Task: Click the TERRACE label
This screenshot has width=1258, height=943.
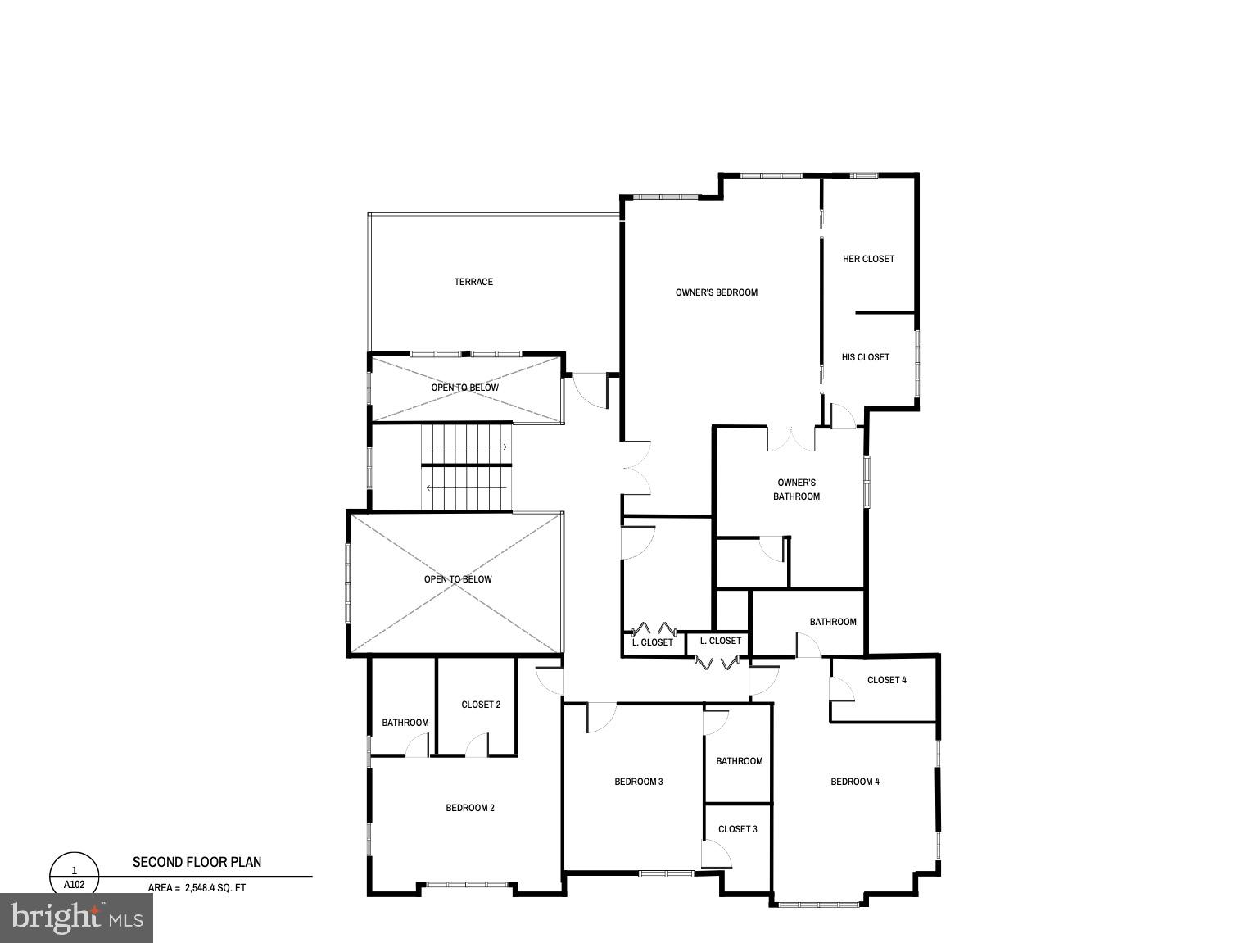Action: tap(473, 282)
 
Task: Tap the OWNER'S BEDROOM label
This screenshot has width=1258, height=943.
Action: tap(716, 292)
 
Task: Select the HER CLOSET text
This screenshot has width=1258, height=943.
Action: tap(868, 259)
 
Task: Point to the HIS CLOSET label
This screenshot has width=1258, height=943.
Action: tap(865, 357)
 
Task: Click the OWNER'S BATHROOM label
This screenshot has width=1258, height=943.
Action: tap(796, 489)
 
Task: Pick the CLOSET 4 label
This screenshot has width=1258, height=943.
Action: tap(886, 680)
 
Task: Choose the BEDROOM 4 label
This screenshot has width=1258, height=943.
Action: tap(854, 782)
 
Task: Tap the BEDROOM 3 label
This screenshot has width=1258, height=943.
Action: tap(638, 782)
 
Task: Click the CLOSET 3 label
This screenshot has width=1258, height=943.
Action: tap(737, 829)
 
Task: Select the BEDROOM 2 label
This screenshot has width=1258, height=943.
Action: tap(469, 808)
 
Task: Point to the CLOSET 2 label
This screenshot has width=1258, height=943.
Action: tap(480, 705)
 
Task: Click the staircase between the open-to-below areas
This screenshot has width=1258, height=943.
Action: tap(466, 467)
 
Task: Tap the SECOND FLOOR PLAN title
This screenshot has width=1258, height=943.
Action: tap(197, 862)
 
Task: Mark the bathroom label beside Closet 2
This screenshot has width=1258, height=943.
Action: tap(405, 723)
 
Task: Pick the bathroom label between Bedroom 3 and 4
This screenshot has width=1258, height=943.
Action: tap(739, 761)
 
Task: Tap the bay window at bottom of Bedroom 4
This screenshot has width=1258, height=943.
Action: tap(818, 904)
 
